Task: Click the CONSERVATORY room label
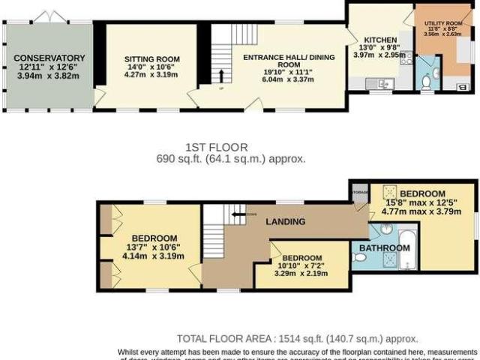[49, 58]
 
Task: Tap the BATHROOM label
[383, 247]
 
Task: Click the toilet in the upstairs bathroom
[360, 257]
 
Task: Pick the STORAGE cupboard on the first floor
[359, 192]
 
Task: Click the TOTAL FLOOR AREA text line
[297, 338]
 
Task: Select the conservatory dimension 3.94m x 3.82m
[49, 76]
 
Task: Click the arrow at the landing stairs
[238, 214]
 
